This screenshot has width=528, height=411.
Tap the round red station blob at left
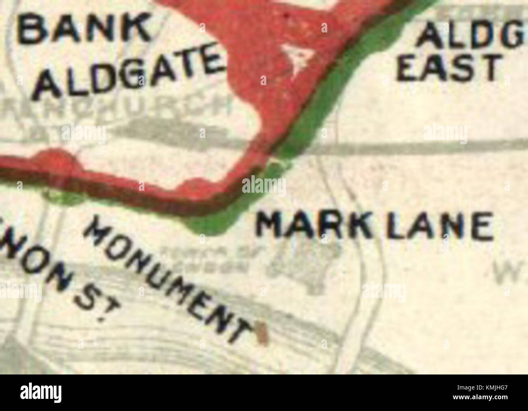[55, 160]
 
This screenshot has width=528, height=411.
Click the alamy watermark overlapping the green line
[264, 186]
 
